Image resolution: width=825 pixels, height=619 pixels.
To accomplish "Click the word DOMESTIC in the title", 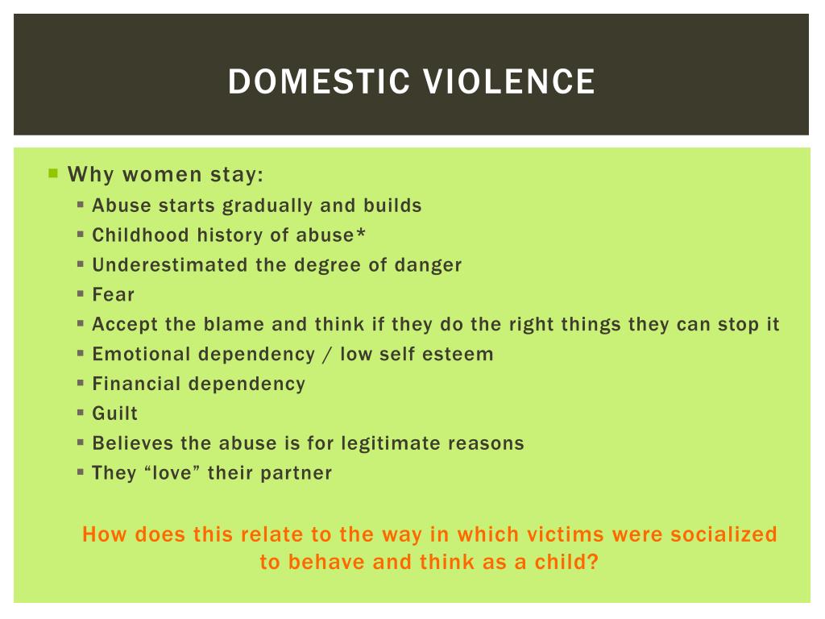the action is (x=319, y=81).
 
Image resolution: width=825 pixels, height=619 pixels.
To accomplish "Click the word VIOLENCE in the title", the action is (x=509, y=81).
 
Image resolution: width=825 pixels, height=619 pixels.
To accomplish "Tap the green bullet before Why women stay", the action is (x=53, y=173).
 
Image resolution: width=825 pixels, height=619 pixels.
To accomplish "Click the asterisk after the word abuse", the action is (x=360, y=232).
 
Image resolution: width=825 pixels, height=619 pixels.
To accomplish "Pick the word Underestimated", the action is (x=170, y=264).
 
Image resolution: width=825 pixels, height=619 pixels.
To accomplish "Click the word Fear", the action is (x=114, y=294).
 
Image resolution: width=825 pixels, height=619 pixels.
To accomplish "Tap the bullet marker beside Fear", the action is (x=81, y=293).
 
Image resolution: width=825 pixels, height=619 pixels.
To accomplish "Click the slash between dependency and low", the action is (x=327, y=355).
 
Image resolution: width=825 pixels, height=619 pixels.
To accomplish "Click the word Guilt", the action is (x=115, y=413).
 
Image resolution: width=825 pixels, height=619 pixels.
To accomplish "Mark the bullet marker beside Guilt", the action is (x=81, y=412).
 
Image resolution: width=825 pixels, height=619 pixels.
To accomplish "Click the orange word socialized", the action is (x=723, y=534).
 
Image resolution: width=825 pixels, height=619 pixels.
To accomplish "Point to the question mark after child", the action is (x=593, y=562).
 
